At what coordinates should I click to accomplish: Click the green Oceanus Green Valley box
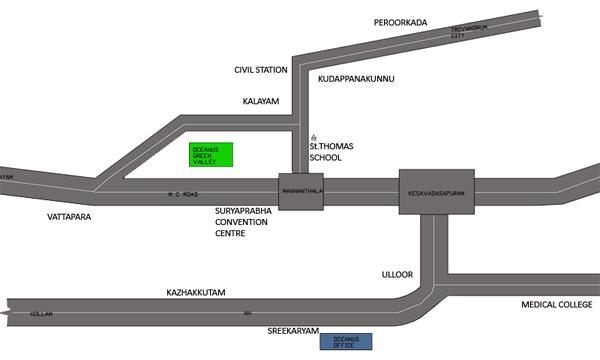pos(211,154)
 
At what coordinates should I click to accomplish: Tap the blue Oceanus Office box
pos(347,342)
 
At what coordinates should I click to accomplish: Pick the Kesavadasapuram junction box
pos(438,189)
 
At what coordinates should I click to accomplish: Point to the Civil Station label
pos(260,70)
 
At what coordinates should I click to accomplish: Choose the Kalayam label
pos(260,101)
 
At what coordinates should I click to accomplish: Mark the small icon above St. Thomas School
pos(313,136)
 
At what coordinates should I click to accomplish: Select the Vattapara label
pos(69,216)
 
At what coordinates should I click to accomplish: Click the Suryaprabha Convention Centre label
pos(243,223)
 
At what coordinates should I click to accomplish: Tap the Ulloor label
pos(397,272)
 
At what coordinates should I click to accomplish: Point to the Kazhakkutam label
pos(196,292)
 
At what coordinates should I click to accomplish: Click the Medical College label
pos(558,304)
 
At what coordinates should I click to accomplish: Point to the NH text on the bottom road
pos(248,313)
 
